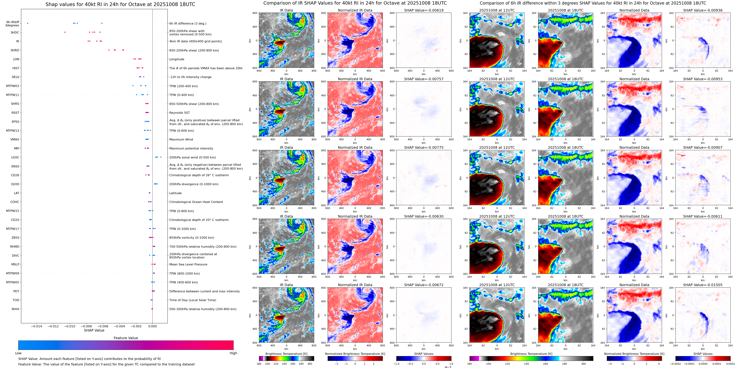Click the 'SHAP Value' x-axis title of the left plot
tap(94, 330)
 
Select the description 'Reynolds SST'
tap(179, 113)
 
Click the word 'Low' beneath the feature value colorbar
tap(18, 353)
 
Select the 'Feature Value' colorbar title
tap(126, 338)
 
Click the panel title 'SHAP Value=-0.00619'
tap(424, 10)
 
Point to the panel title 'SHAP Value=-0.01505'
tap(703, 285)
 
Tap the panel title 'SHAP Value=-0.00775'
tap(424, 148)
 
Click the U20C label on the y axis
tap(15, 157)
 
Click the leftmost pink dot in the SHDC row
tap(65, 32)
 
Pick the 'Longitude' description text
tap(177, 59)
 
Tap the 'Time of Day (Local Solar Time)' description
tap(193, 300)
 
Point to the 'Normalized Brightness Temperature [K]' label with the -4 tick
tap(634, 354)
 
